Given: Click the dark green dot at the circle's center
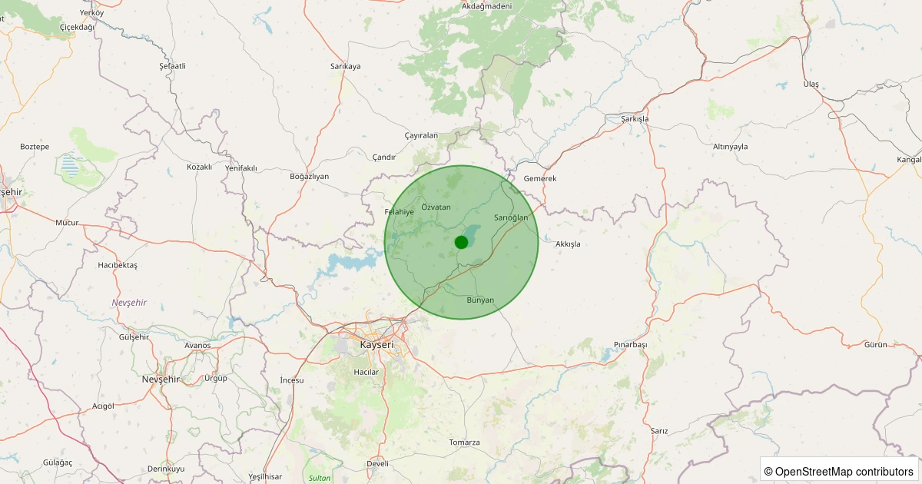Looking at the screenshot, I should (461, 242).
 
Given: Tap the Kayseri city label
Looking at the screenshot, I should (376, 345).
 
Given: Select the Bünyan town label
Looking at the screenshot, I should (480, 300).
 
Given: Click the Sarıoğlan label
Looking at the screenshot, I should (511, 217).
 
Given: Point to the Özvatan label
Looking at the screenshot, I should (436, 207).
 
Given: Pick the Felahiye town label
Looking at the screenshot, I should (400, 211).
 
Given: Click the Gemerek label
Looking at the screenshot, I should (539, 178).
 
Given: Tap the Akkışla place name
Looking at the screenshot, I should (568, 244).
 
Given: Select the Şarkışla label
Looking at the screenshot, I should (635, 119).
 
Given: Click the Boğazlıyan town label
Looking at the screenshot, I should (309, 176).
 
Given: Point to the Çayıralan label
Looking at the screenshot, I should (421, 135).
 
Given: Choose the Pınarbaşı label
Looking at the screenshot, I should (631, 345).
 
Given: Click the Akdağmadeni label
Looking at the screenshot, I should (486, 6).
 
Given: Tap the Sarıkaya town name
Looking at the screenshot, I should (345, 66).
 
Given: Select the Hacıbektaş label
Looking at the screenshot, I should (118, 265).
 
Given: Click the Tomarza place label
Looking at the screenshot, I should (464, 443).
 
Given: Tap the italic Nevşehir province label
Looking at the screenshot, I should (129, 303).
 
